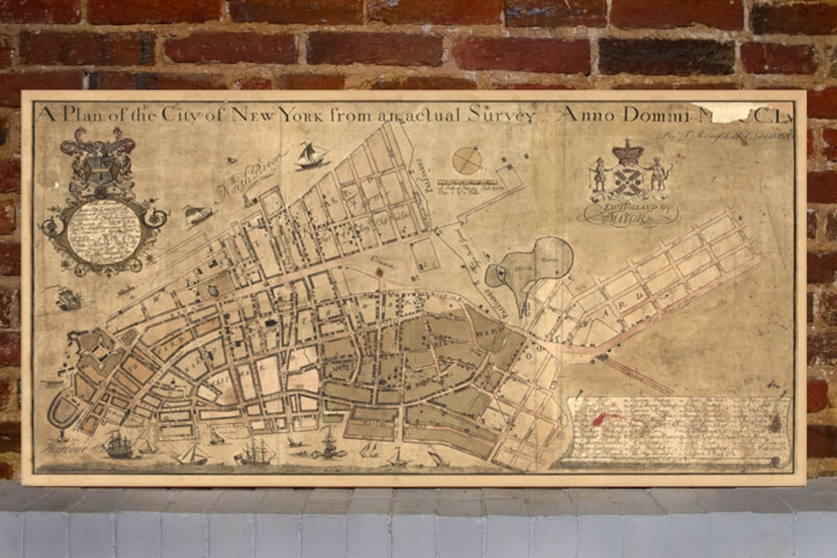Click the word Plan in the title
[84, 114]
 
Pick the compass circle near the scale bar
[467, 160]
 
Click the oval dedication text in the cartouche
[103, 230]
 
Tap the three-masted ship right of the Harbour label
[119, 445]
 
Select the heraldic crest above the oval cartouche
[98, 159]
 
